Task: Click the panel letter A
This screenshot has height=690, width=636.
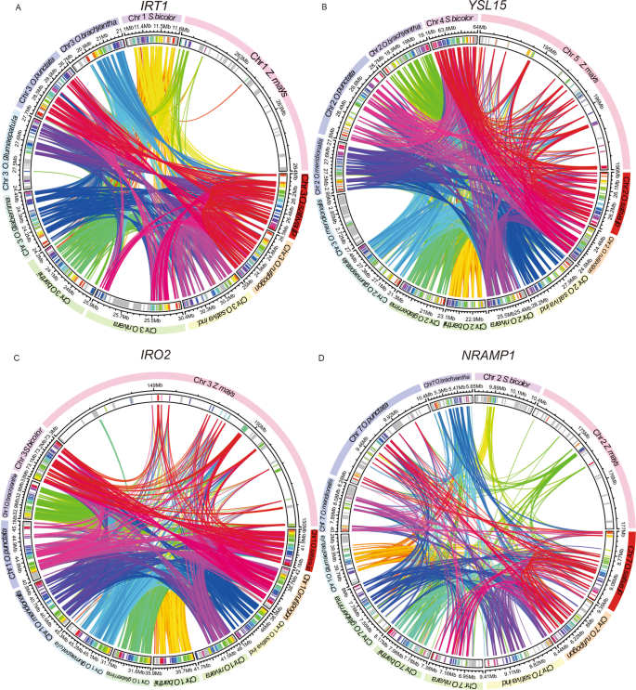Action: (7, 7)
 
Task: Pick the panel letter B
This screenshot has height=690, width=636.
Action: (322, 7)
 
